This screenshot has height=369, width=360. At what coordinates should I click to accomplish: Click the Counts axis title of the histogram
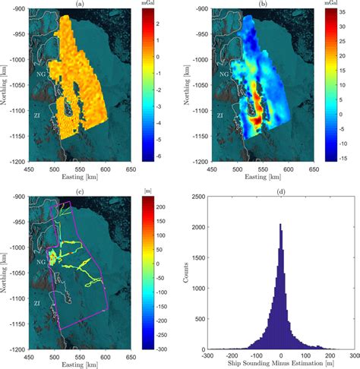click(x=184, y=273)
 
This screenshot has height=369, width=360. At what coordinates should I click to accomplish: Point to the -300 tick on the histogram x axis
click(x=208, y=355)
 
